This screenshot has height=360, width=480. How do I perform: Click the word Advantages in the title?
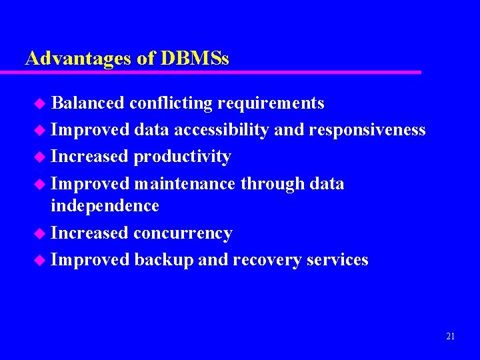[78, 59]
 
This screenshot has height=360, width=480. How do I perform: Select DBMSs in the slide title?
[195, 59]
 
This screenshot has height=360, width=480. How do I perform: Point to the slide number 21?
[450, 337]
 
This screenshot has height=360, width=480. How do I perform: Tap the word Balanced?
[87, 103]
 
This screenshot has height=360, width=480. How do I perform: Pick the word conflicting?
[171, 103]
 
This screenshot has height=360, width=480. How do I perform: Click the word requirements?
[271, 104]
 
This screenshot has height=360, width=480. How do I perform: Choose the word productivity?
[182, 157]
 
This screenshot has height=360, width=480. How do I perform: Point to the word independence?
[105, 206]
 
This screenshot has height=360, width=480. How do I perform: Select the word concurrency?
[183, 233]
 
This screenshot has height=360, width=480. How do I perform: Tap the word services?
[337, 260]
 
